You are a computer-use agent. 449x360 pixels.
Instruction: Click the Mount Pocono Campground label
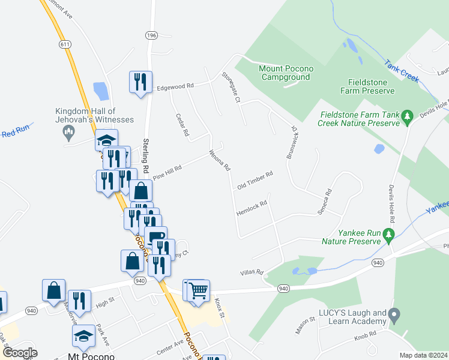pyautogui.click(x=285, y=73)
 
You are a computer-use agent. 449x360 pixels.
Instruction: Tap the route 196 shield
pyautogui.click(x=151, y=36)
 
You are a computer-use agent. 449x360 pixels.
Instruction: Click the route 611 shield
pyautogui.click(x=65, y=44)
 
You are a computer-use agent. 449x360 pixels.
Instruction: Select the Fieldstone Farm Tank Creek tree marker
pyautogui.click(x=408, y=115)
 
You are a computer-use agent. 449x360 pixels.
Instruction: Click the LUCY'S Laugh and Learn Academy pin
pyautogui.click(x=394, y=314)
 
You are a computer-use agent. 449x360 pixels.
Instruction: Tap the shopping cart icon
pyautogui.click(x=198, y=290)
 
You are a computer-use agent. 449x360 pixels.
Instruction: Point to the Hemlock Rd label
pyautogui.click(x=252, y=208)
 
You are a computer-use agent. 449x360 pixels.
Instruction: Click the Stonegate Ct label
pyautogui.click(x=231, y=87)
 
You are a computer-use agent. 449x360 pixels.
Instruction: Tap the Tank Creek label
pyautogui.click(x=401, y=70)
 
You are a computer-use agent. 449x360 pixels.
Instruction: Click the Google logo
pyautogui.click(x=19, y=352)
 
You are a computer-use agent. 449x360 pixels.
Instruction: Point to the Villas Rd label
pyautogui.click(x=252, y=272)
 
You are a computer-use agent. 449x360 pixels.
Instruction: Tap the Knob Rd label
pyautogui.click(x=364, y=334)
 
